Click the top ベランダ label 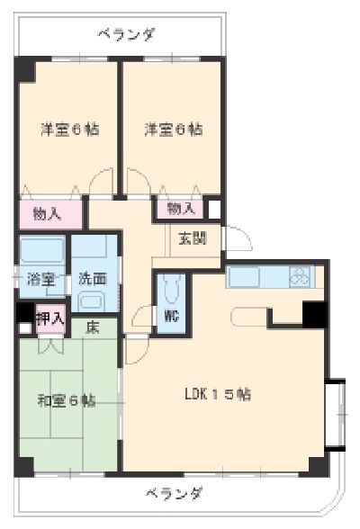[125, 35]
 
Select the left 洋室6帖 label [68, 129]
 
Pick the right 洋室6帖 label [172, 129]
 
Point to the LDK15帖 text [219, 393]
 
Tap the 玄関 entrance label [191, 238]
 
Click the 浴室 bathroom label [40, 278]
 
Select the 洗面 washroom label [93, 278]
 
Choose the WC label [170, 315]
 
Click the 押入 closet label [49, 318]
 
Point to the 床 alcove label [93, 328]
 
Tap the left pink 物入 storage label [46, 213]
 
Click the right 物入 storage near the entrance [181, 209]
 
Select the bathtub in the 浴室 [41, 249]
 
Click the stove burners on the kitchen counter [299, 277]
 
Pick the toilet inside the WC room [171, 291]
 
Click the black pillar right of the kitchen [314, 314]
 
